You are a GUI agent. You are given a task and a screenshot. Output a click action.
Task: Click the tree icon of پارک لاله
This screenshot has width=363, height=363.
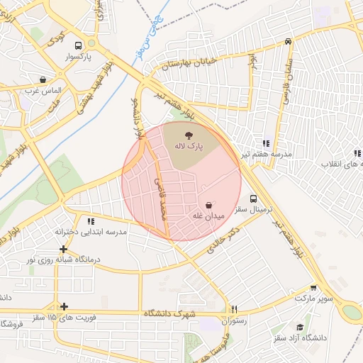(x=189, y=135)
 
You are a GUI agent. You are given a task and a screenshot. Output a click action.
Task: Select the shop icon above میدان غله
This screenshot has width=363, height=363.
(x=208, y=203)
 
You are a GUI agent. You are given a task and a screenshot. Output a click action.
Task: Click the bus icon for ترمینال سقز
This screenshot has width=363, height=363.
(x=255, y=199)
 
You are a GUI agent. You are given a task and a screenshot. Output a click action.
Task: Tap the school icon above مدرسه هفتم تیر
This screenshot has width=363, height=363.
(x=266, y=143)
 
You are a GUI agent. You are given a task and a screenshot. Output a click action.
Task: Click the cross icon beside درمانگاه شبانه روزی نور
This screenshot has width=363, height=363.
(x=65, y=249)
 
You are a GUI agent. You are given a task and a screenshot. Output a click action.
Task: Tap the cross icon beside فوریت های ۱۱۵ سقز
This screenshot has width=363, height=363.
(x=65, y=307)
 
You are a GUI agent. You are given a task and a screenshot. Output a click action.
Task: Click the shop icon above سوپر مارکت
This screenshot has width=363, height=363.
(x=313, y=288)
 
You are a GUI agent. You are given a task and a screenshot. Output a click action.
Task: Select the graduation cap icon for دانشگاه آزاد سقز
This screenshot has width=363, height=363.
(x=300, y=327)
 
